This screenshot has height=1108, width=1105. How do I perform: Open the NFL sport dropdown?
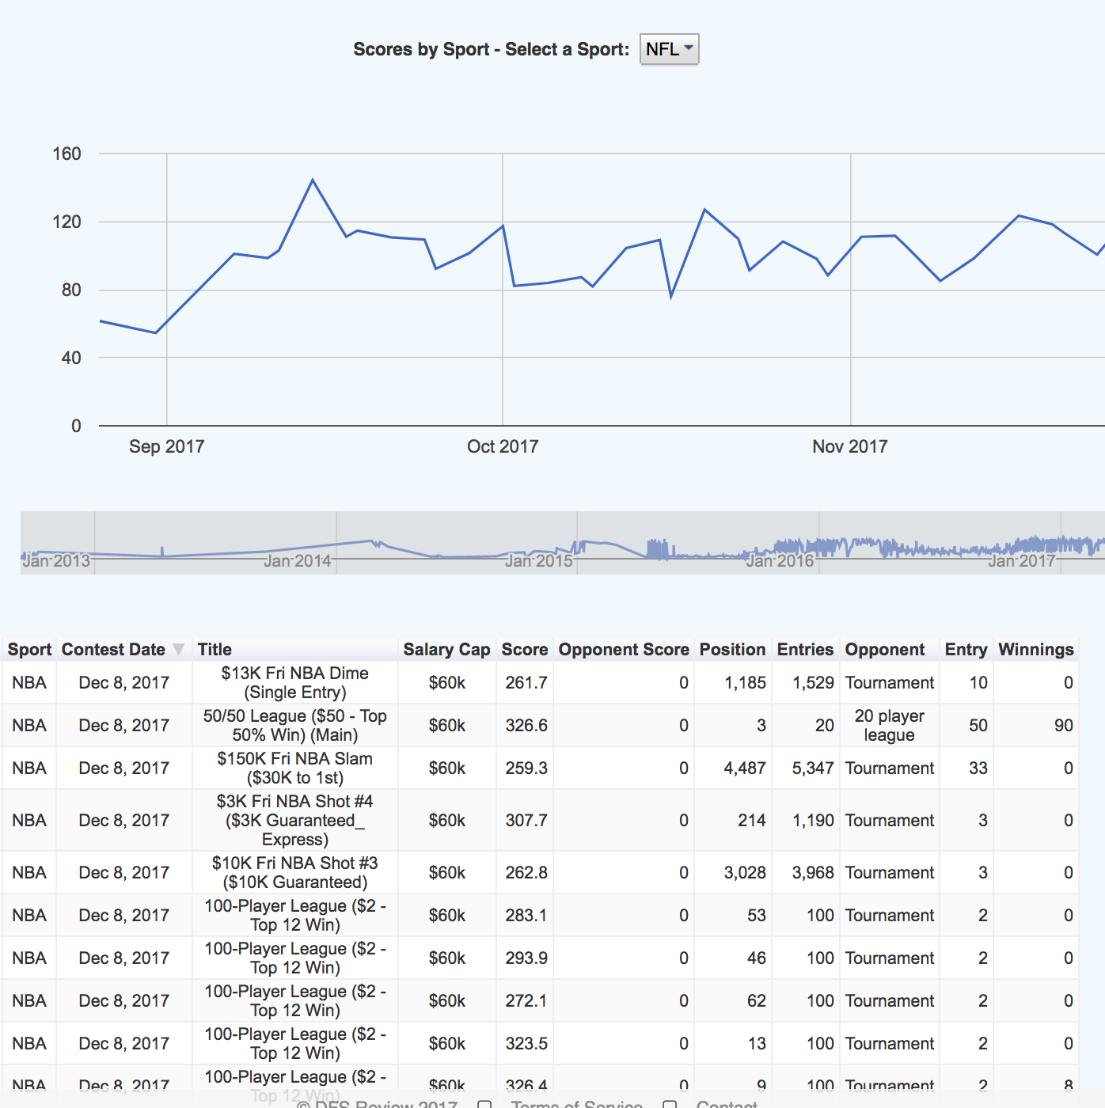pos(669,49)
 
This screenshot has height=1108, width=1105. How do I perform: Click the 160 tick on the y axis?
pos(66,154)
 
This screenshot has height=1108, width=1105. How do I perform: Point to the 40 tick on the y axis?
pos(70,358)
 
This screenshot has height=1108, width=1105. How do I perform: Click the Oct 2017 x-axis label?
pos(503,446)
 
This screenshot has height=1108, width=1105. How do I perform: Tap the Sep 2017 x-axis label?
pos(166,446)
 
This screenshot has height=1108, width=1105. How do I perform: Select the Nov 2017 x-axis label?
pos(849,446)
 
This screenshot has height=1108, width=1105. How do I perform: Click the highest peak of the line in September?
pos(313,180)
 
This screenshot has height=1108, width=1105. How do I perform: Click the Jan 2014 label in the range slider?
pos(298,561)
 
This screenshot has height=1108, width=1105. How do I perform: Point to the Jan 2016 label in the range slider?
pos(780,561)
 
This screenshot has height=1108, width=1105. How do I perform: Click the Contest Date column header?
pos(113,650)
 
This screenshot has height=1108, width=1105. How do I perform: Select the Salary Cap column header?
pos(446,650)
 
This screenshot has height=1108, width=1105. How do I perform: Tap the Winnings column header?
pos(1035,650)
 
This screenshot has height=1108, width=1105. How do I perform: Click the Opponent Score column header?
pos(624,650)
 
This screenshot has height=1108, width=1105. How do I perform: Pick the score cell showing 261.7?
pos(526,683)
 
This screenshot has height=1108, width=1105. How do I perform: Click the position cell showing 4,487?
pos(744,768)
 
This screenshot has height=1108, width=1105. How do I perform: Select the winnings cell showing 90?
pos(1063,726)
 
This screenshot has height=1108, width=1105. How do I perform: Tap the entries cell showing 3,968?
pos(813,873)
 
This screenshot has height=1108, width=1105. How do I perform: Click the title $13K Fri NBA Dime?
pos(294,682)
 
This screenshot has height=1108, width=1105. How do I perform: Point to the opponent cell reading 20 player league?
pos(889,726)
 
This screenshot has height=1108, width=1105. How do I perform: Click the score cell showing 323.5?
pos(526,1044)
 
